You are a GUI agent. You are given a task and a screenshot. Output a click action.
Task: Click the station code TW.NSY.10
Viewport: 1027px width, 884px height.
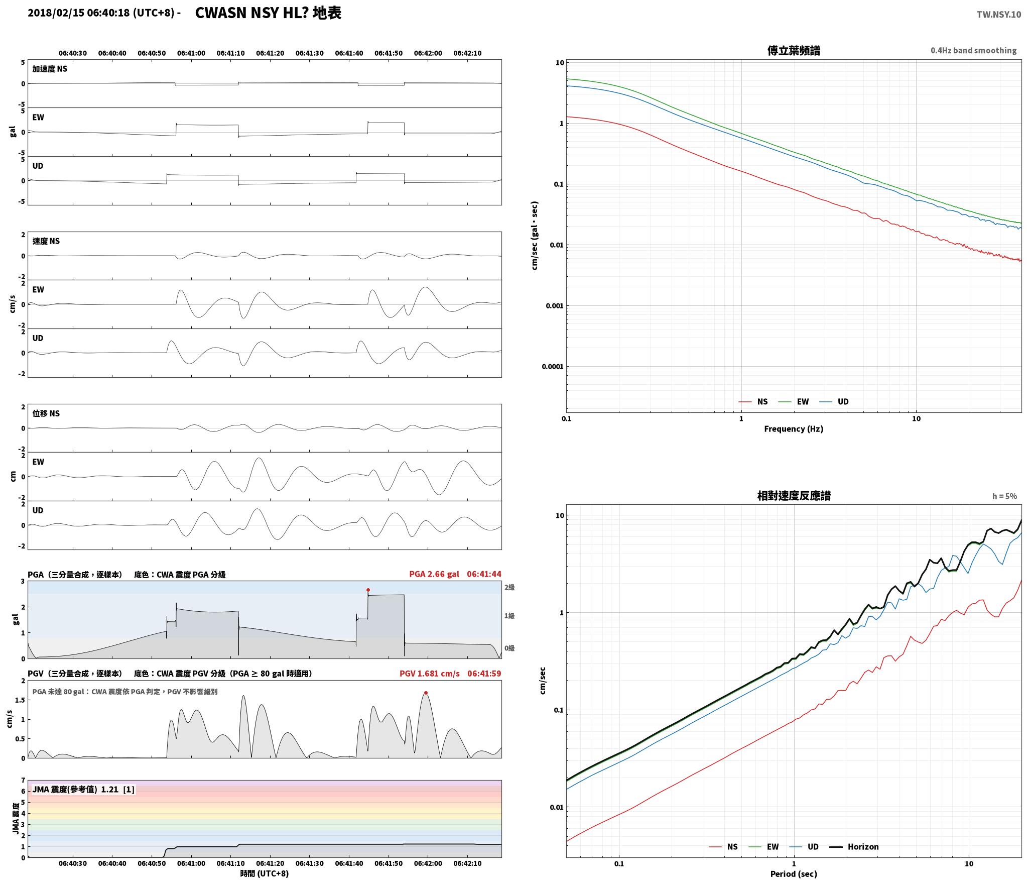998,15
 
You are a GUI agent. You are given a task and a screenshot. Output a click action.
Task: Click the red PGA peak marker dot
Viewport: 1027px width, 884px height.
368,590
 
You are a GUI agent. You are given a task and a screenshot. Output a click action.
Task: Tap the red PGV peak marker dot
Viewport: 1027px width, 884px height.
426,693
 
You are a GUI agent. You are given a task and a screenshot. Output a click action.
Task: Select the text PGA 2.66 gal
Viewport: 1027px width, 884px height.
434,574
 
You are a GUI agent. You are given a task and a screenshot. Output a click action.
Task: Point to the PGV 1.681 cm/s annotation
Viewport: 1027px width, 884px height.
430,674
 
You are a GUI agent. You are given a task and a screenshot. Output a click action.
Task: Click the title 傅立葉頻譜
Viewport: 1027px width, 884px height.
794,51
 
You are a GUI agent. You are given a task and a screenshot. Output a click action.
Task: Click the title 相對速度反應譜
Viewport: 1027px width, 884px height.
794,496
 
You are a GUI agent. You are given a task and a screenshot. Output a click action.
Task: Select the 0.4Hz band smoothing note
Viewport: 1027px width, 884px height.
973,51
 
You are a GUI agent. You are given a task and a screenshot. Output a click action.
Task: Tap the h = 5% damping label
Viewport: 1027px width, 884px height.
1004,496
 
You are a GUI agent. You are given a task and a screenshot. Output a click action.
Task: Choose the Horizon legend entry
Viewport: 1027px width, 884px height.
854,847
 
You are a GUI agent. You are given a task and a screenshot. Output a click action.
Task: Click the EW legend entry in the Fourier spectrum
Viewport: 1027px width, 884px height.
794,402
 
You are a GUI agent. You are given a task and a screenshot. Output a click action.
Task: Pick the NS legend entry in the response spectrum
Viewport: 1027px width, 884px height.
723,847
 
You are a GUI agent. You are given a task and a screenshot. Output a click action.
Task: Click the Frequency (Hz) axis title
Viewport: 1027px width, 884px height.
794,429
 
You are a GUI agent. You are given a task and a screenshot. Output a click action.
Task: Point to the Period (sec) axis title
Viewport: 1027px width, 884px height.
794,874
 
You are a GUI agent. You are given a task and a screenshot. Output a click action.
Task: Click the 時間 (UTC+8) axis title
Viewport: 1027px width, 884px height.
265,873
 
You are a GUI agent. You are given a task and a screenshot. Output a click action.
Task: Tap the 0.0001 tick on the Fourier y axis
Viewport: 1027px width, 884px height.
553,367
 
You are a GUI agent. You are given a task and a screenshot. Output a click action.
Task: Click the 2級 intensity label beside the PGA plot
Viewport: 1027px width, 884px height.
509,587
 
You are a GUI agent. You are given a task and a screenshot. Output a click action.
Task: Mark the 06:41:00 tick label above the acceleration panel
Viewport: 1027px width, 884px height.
191,53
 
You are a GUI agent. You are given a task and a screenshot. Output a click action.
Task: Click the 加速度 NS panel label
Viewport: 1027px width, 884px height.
50,69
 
